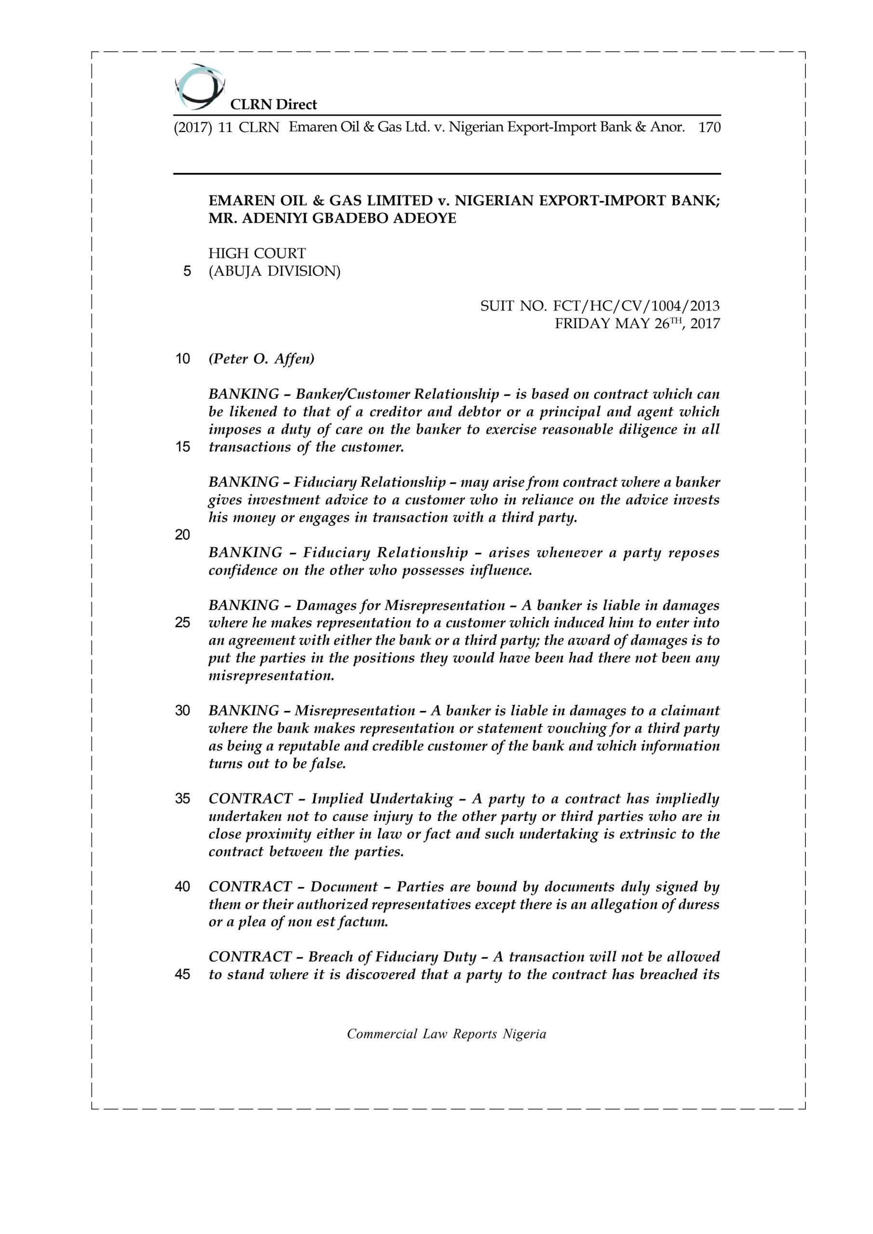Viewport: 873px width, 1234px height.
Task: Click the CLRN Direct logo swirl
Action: coord(199,86)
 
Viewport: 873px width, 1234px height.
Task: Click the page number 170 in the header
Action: coord(709,127)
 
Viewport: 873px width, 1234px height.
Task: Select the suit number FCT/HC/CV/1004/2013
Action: coord(599,307)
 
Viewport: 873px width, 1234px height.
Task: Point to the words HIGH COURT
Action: coord(257,253)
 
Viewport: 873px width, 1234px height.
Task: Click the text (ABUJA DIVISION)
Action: coord(274,271)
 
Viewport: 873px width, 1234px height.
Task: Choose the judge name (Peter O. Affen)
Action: coord(261,359)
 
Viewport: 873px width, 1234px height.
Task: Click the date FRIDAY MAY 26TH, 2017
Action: coord(637,323)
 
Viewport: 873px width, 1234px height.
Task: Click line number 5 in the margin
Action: coord(187,271)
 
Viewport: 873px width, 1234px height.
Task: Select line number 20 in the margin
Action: coord(182,535)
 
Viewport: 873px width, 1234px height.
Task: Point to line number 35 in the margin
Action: coord(182,799)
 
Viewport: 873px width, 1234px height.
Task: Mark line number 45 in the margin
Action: coord(182,974)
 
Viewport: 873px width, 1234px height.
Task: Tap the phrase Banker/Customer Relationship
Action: coord(397,394)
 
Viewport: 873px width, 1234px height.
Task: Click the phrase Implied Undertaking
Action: coord(382,799)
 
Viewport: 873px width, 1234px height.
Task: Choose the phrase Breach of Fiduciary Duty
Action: coord(392,957)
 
